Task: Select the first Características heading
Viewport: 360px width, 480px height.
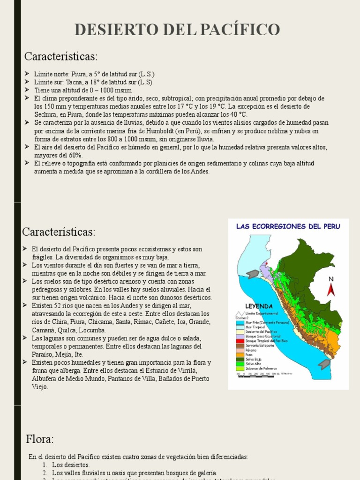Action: coord(61,57)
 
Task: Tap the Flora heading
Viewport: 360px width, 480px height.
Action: coord(40,439)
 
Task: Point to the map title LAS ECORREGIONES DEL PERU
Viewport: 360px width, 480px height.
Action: coord(288,226)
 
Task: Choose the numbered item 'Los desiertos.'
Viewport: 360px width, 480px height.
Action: coord(71,465)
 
